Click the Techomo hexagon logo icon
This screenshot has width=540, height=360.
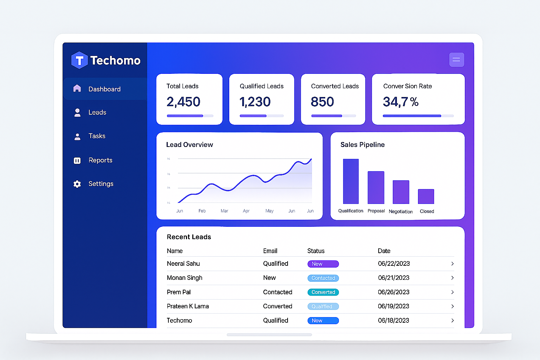click(79, 60)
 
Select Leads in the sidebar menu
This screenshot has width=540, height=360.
click(97, 112)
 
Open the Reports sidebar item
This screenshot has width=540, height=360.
click(100, 160)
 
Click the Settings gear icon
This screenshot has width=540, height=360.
click(77, 184)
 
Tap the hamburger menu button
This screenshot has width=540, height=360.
click(456, 60)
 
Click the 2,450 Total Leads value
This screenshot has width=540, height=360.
click(183, 102)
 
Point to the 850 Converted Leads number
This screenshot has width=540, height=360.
click(322, 102)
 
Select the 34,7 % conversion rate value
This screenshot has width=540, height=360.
click(400, 102)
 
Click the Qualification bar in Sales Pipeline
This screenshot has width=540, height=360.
click(351, 181)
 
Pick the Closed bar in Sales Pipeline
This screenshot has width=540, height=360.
click(426, 197)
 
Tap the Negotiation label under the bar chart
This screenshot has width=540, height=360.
click(400, 212)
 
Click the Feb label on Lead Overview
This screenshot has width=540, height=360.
click(202, 211)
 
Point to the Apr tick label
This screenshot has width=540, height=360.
click(246, 211)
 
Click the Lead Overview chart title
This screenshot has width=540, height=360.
click(189, 145)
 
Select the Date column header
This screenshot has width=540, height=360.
click(384, 251)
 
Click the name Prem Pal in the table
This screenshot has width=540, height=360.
click(179, 292)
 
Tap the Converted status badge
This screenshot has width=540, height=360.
click(323, 292)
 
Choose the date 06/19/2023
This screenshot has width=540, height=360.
click(393, 306)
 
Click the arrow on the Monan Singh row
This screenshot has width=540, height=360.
click(452, 278)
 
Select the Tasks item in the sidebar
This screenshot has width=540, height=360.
click(97, 136)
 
